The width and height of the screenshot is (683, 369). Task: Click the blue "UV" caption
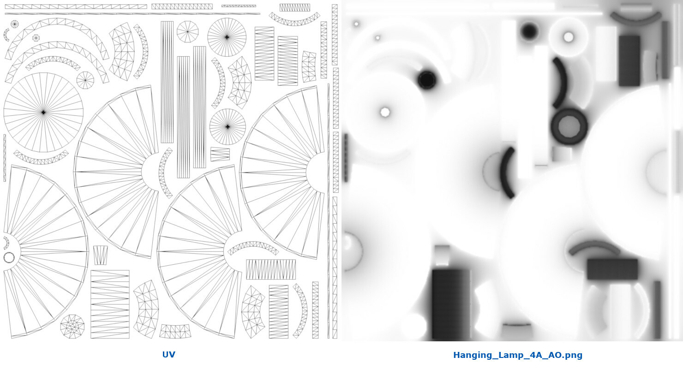168,355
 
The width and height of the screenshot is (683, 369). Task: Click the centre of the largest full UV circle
43,112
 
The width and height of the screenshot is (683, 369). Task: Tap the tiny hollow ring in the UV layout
9,257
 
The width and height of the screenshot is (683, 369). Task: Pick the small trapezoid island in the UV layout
100,255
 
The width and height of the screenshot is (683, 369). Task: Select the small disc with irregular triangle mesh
72,326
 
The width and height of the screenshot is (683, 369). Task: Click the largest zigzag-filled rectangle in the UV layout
110,304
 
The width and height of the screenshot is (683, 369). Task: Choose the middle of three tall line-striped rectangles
183,117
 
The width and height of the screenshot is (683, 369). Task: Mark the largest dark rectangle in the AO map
451,304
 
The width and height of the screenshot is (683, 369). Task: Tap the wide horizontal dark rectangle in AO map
612,269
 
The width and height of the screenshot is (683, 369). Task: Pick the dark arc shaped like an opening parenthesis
508,173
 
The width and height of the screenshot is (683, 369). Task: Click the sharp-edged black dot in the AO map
427,80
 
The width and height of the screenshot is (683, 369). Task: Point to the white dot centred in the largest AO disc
385,112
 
